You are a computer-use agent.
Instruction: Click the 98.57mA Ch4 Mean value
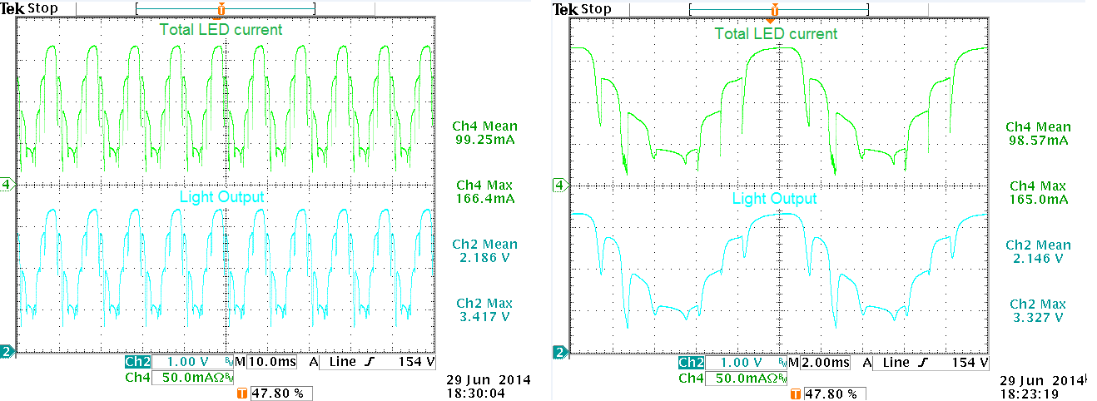(1036, 141)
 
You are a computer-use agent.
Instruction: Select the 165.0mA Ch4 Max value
(1036, 200)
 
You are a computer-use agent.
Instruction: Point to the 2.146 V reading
(1036, 259)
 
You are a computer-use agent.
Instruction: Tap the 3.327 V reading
(1036, 318)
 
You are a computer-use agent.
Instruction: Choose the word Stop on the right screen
(596, 9)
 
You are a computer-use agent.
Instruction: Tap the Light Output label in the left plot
(222, 197)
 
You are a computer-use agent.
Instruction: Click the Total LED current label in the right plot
(776, 34)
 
